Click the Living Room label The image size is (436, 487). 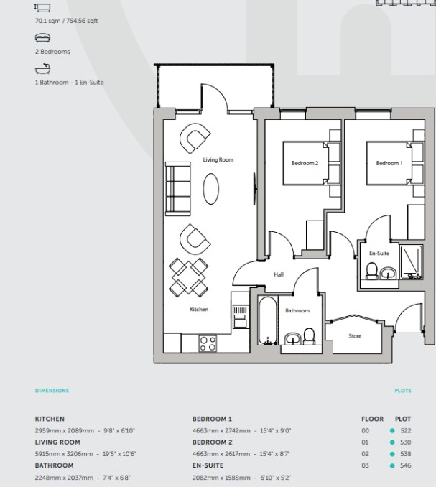click(x=218, y=159)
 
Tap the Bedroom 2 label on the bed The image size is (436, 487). click(x=305, y=163)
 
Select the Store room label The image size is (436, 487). click(x=355, y=335)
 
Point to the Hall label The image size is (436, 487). click(x=279, y=274)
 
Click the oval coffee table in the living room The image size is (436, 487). click(x=211, y=188)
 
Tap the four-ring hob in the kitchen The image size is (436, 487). click(x=208, y=343)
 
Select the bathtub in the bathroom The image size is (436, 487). click(x=267, y=320)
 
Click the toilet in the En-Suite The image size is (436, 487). click(x=372, y=271)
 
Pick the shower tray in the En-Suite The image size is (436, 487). click(x=412, y=262)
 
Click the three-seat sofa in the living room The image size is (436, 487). click(x=178, y=188)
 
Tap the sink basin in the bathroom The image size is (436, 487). click(x=293, y=338)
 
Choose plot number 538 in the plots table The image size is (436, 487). click(x=406, y=454)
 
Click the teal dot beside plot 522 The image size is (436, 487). click(x=392, y=430)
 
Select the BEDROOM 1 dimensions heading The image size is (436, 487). click(x=212, y=419)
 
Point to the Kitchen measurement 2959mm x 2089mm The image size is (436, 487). click(x=64, y=430)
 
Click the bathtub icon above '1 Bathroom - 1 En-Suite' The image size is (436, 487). click(x=42, y=69)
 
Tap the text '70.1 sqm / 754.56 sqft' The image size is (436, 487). click(x=66, y=21)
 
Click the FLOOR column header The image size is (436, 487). click(x=372, y=419)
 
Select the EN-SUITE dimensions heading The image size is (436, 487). click(x=208, y=465)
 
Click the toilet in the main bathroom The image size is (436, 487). click(x=309, y=336)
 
